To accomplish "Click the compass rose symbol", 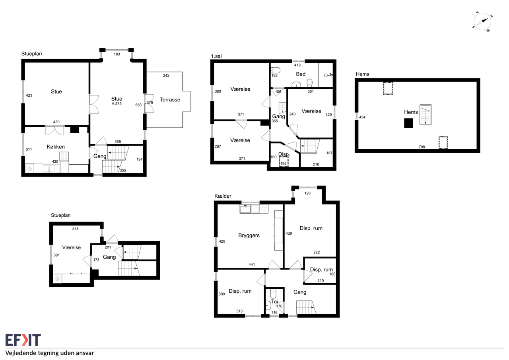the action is click(x=482, y=21).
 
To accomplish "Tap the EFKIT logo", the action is click(x=23, y=340).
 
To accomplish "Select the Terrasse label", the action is click(x=170, y=99).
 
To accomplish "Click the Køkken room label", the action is click(x=56, y=147).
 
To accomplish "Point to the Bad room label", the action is click(x=301, y=74).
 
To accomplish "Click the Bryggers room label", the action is click(x=249, y=235).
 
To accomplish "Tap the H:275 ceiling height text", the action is click(x=117, y=104).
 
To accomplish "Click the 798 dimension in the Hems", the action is click(x=422, y=147).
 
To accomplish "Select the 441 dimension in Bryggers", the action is click(x=252, y=264).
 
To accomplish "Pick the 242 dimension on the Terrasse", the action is click(x=166, y=76).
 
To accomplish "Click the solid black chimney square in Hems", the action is click(x=408, y=123).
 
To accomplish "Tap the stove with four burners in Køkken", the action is click(x=64, y=156).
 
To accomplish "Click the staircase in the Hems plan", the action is click(x=425, y=115).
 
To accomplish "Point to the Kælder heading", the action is click(x=223, y=196).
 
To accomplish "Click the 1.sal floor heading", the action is click(x=216, y=56).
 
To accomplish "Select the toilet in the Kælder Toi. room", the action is click(x=273, y=293).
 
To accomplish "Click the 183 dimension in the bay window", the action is click(x=117, y=54).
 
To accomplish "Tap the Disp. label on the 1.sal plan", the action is click(x=284, y=154).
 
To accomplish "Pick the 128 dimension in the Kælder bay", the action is click(x=307, y=193).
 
